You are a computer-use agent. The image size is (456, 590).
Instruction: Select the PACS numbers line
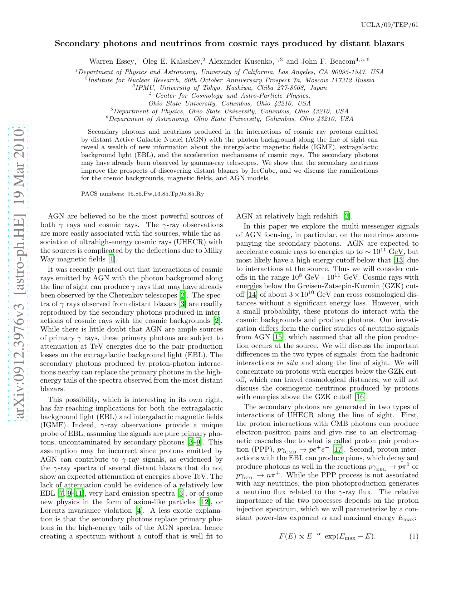pos(142,194)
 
